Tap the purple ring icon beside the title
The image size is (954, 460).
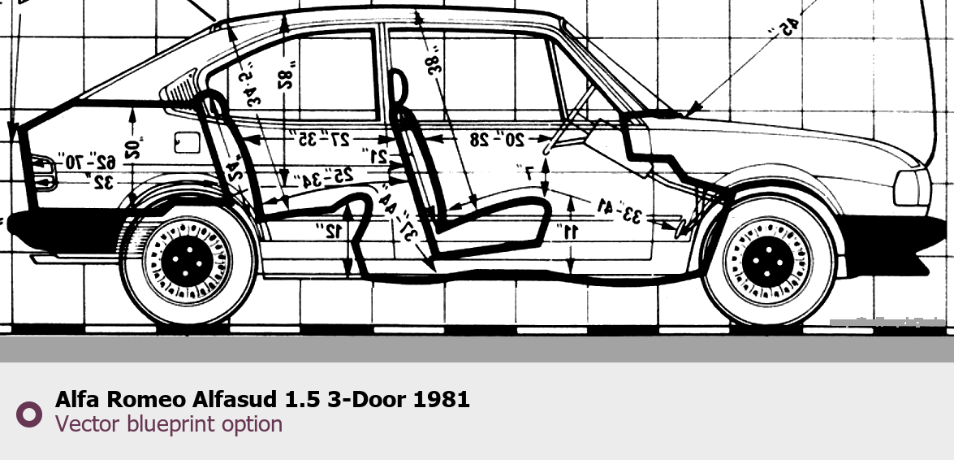coord(29,414)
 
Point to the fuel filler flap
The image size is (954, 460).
coord(187,141)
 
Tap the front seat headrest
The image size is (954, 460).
coord(398,89)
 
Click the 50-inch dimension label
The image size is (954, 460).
coord(134,146)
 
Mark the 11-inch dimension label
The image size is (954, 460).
coord(570,232)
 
